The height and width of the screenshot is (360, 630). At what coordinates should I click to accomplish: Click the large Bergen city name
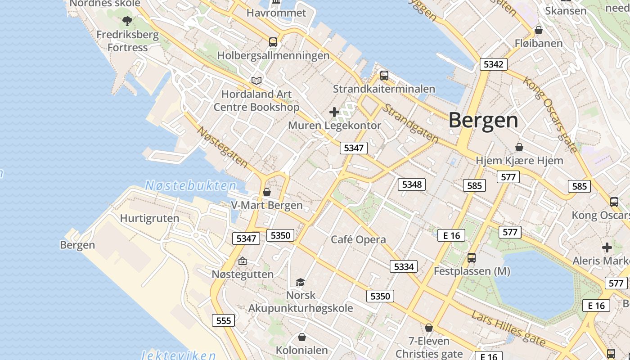[483, 121]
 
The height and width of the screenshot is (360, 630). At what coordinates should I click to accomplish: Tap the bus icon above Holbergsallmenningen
[273, 42]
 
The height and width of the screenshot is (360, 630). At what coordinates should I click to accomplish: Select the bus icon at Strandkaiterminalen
[384, 75]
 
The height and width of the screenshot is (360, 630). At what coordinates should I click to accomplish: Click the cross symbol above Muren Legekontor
[334, 112]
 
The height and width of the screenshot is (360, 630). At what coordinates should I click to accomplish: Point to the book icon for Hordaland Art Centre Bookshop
[256, 81]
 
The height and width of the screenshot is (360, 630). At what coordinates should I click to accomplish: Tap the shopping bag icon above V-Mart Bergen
[267, 192]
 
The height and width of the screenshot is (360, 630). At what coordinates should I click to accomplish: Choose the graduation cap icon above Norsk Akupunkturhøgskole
[300, 282]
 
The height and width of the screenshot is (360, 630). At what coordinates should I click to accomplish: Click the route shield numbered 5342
[493, 64]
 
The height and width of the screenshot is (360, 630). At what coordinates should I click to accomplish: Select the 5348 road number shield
[412, 184]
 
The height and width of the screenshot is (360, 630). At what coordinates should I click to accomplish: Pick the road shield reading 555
[224, 320]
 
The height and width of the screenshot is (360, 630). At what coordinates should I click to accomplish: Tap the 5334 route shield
[404, 266]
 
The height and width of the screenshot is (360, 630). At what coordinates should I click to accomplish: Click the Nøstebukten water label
[191, 185]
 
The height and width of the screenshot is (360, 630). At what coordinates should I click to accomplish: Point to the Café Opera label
[358, 239]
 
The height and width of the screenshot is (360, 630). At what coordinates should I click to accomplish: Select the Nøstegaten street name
[223, 148]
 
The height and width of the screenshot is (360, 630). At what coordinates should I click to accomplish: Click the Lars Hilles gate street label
[508, 328]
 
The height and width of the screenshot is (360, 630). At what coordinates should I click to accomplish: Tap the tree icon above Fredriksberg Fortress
[127, 21]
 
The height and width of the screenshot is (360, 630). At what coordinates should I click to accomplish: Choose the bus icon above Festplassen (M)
[471, 258]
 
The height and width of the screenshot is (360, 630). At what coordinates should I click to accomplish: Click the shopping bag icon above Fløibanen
[538, 30]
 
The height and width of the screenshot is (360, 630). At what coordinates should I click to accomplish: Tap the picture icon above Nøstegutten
[243, 261]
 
